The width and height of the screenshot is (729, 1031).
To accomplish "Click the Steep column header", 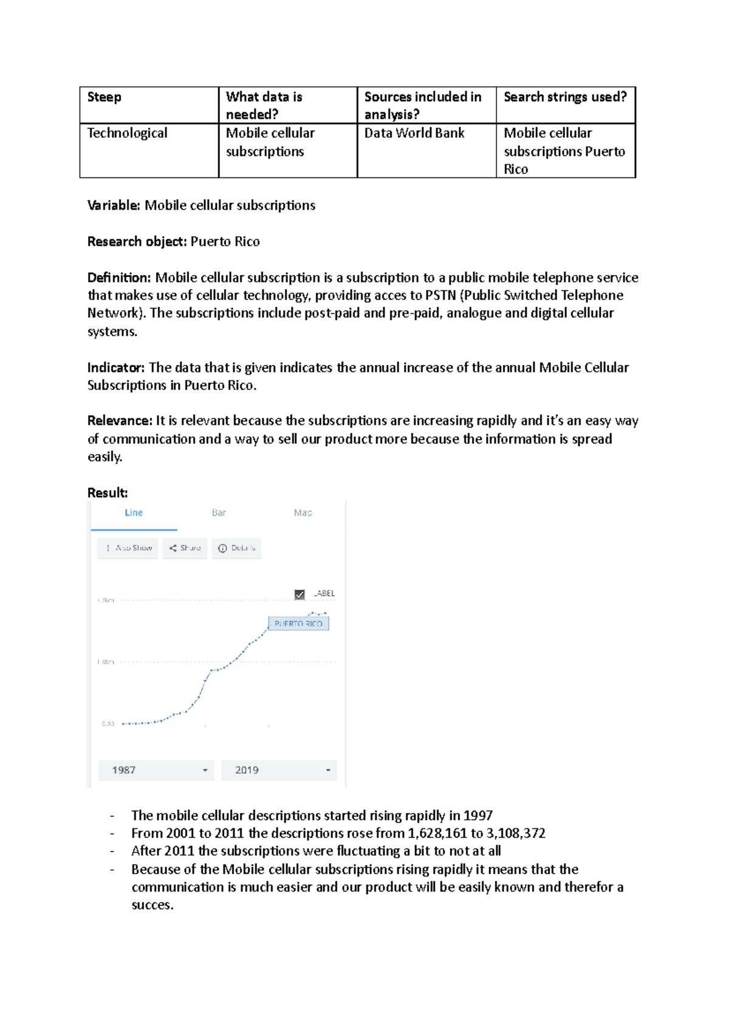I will [x=104, y=97].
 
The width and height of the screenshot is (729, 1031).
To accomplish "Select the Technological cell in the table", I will [x=127, y=133].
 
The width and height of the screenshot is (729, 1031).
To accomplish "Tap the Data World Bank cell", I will [x=414, y=133].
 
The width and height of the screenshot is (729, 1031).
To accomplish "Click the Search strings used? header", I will [x=565, y=97].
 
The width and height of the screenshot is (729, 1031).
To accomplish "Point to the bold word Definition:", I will [x=119, y=278].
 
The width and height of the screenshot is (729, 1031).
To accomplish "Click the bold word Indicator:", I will [x=116, y=368].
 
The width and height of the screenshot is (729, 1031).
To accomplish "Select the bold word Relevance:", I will [x=120, y=421].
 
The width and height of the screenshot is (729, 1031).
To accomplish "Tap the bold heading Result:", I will [x=108, y=493].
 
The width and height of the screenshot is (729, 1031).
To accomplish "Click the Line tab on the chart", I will [x=134, y=513].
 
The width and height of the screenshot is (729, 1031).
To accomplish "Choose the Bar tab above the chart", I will [x=219, y=513].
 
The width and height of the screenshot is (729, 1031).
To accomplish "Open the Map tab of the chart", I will [x=303, y=513].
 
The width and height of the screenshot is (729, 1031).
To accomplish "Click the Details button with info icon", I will [x=237, y=548].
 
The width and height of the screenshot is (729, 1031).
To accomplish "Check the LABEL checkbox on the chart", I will [x=299, y=594].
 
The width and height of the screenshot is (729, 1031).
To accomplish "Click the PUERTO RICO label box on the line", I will [x=298, y=624].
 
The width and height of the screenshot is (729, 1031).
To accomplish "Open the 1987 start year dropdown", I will [x=156, y=771].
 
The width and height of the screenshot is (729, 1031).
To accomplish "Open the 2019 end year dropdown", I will [x=279, y=771].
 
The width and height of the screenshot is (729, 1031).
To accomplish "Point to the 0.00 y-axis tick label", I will [x=108, y=724].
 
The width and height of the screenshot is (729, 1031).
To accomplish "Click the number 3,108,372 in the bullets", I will [x=516, y=834].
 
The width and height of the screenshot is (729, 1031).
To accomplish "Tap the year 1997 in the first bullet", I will [x=477, y=816].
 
